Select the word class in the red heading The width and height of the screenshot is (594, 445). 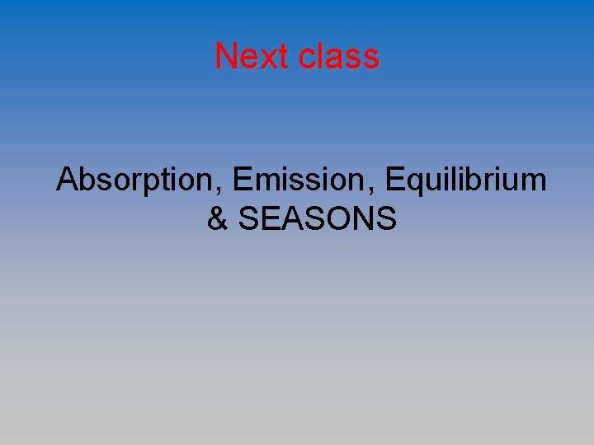[339, 56]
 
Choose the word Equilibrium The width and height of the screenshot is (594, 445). [465, 180]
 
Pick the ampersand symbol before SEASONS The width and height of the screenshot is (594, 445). [217, 219]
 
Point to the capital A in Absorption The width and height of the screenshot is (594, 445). [67, 180]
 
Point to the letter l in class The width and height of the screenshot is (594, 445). [323, 56]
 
